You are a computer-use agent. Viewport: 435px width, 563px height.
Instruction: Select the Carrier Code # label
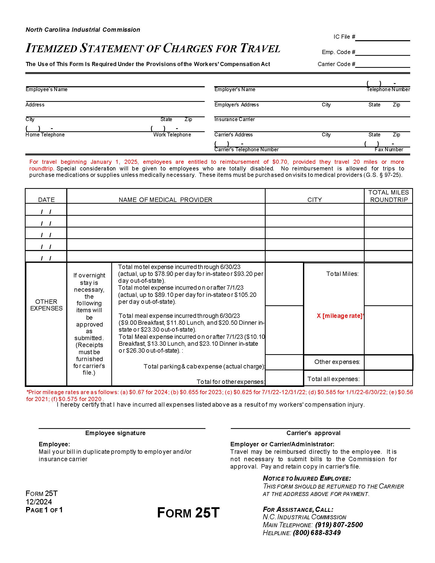pyautogui.click(x=336, y=64)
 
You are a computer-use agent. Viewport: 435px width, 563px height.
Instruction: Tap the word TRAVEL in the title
pyautogui.click(x=260, y=48)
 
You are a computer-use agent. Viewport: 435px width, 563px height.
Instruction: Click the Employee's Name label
pyautogui.click(x=47, y=90)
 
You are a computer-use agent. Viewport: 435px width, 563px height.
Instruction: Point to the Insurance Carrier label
pyautogui.click(x=234, y=119)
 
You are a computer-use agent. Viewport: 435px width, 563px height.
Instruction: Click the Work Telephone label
pyautogui.click(x=172, y=135)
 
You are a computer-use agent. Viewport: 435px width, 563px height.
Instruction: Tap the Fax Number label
pyautogui.click(x=389, y=150)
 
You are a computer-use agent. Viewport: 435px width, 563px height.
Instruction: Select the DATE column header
pyautogui.click(x=46, y=200)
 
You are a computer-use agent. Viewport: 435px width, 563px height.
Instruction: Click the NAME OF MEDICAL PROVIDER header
pyautogui.click(x=166, y=200)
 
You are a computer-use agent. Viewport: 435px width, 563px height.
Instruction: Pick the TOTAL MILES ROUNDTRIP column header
pyautogui.click(x=389, y=196)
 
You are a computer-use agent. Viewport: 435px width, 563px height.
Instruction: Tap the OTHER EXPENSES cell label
pyautogui.click(x=46, y=305)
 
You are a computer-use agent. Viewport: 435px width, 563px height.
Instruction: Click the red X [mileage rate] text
pyautogui.click(x=340, y=316)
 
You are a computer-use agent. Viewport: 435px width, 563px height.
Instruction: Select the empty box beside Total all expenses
pyautogui.click(x=388, y=378)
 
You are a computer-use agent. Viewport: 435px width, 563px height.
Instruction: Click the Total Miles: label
pyautogui.click(x=342, y=274)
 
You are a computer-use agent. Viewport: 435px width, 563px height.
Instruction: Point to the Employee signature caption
pyautogui.click(x=115, y=433)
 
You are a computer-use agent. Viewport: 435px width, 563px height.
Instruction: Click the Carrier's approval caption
pyautogui.click(x=313, y=433)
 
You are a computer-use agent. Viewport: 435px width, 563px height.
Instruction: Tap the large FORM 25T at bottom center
pyautogui.click(x=188, y=513)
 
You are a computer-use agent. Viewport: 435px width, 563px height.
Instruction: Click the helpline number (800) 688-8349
pyautogui.click(x=317, y=533)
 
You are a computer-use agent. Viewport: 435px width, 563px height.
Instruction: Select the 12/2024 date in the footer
pyautogui.click(x=39, y=502)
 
